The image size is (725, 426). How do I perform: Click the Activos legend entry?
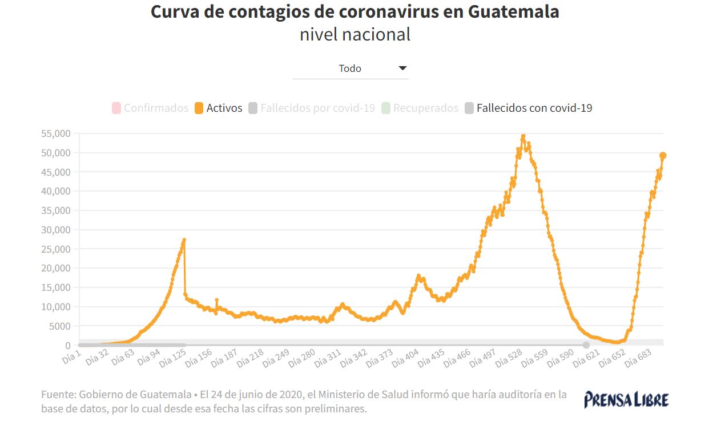[219, 108]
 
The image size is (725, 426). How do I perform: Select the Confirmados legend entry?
[150, 108]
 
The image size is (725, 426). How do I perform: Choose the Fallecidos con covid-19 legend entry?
[528, 108]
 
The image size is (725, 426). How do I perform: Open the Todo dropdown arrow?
[402, 68]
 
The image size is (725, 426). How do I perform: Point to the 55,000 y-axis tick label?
[55, 133]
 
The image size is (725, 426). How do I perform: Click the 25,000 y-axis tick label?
[55, 249]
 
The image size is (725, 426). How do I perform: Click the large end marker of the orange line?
[663, 156]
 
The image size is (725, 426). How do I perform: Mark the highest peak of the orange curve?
[523, 136]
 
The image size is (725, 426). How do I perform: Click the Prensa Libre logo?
[626, 399]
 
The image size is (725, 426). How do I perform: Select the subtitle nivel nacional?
[355, 35]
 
